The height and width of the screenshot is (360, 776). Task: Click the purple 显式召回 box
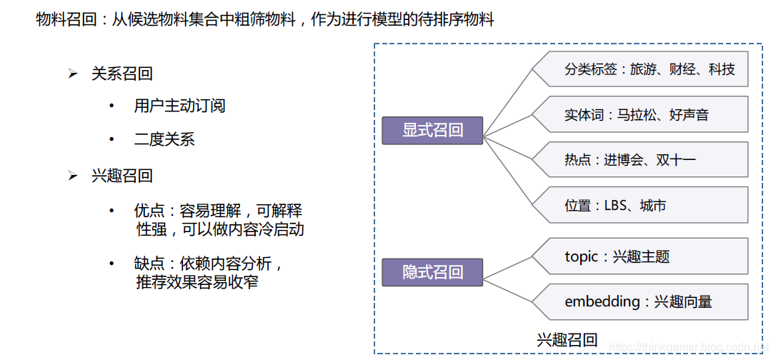[x=432, y=131]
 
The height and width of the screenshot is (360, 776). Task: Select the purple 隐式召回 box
[x=432, y=272]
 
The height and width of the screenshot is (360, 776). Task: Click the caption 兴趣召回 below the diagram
[x=567, y=340]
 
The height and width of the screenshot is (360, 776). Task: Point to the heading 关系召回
[x=121, y=74]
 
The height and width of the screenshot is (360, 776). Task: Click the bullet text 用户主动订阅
[x=179, y=106]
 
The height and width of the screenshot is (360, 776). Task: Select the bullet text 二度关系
[x=164, y=139]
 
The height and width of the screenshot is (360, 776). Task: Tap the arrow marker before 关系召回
[x=72, y=74]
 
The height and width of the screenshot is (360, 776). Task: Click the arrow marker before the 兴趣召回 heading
[x=72, y=176]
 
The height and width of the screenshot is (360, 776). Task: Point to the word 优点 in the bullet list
[x=149, y=211]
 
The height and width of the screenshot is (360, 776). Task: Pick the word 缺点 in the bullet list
[x=149, y=264]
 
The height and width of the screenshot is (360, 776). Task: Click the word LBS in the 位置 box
[x=619, y=206]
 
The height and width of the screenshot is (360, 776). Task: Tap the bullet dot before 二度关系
[x=111, y=139]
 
